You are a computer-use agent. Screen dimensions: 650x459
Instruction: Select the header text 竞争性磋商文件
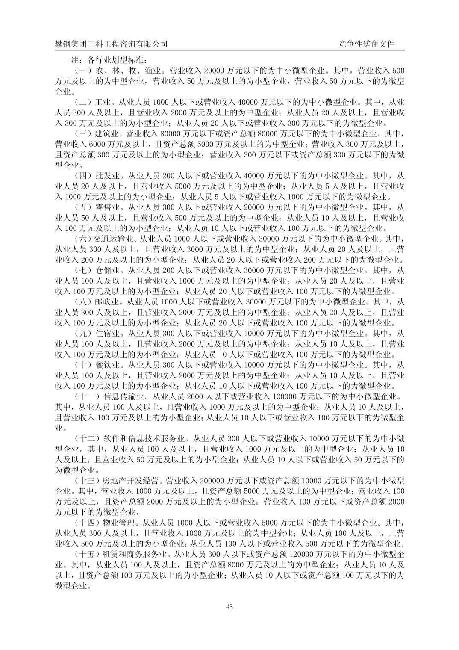tap(366, 44)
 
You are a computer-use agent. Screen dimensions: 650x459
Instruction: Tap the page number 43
tap(229, 606)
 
